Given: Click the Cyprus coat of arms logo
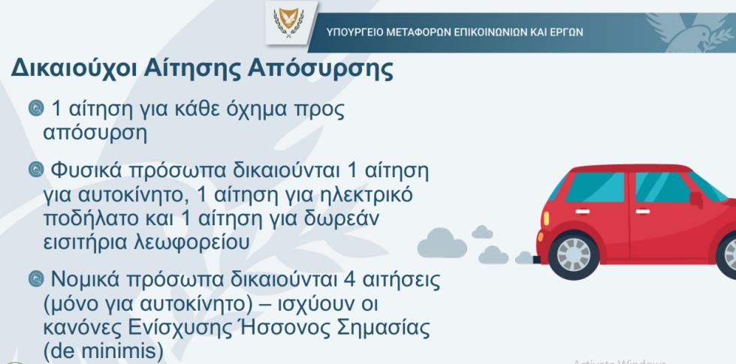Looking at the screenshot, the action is coord(289,22).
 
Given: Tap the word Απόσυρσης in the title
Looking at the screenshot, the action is coord(320,69).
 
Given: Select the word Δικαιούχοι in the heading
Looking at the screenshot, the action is coord(74,69).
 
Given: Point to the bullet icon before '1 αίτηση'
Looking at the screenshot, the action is coord(36,108).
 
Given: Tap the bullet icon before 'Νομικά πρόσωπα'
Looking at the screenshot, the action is coord(36,279).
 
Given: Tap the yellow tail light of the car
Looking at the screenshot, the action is coord(546,218).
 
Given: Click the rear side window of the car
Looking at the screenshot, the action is coord(596,187).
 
